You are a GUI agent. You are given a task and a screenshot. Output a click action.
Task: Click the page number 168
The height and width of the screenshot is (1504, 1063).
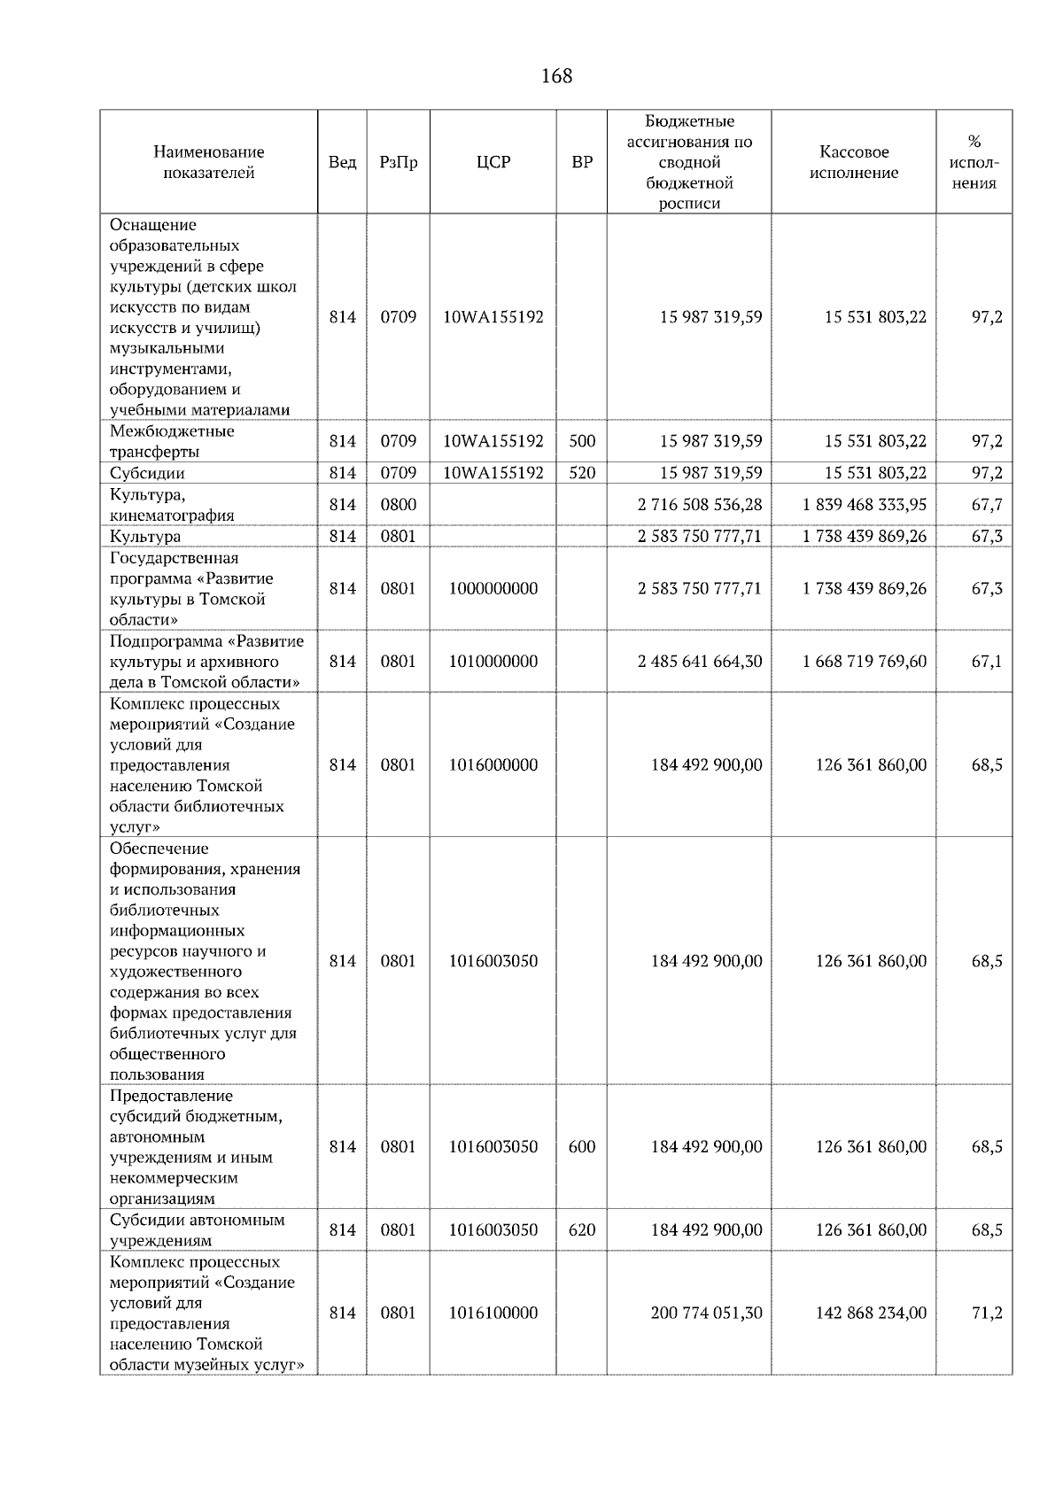tap(556, 76)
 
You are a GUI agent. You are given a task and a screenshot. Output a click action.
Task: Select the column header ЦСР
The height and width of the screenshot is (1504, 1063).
tap(493, 162)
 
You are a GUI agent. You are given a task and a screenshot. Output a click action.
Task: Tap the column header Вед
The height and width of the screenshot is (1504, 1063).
tap(342, 162)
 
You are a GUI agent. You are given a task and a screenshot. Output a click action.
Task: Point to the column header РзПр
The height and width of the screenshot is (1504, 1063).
tap(398, 162)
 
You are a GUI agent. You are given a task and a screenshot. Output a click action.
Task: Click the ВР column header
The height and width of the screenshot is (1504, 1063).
tap(582, 162)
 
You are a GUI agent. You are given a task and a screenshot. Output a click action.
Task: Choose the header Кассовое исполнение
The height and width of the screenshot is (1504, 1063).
tap(853, 162)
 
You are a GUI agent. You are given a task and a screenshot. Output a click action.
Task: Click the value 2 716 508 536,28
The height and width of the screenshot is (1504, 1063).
tap(699, 505)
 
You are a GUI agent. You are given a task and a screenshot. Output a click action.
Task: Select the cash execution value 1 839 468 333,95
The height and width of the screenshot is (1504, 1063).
tap(865, 505)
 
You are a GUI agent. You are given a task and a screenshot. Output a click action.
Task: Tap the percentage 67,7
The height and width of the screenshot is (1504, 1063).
tap(987, 505)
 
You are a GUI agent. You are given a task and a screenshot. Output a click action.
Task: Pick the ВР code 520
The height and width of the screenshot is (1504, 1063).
tap(582, 473)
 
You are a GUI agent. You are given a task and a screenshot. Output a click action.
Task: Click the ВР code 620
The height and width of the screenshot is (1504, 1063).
tap(582, 1230)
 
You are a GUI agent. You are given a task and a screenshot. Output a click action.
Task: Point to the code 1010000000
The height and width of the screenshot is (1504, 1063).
tap(493, 662)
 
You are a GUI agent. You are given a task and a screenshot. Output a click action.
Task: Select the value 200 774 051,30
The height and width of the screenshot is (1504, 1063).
tap(706, 1314)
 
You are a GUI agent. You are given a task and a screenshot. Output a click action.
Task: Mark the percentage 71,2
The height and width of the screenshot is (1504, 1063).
tap(987, 1314)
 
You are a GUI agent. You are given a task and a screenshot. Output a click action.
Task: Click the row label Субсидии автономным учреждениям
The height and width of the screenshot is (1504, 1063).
tap(198, 1230)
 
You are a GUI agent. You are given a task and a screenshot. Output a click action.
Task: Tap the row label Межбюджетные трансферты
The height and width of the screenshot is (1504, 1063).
tap(172, 441)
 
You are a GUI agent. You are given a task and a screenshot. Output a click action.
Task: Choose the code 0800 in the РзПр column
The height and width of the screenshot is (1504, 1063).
tap(398, 505)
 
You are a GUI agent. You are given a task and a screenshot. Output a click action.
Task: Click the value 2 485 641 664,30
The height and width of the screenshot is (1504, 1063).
tap(699, 662)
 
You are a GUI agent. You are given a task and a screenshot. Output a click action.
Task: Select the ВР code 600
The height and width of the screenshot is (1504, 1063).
tap(582, 1147)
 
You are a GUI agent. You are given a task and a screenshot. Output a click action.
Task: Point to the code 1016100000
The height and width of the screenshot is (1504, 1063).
tap(493, 1314)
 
